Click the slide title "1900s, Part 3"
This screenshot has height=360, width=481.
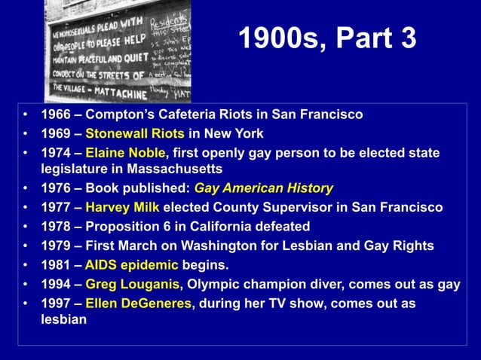(326, 40)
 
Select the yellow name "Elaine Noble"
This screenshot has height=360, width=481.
(124, 153)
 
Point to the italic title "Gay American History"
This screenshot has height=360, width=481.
(263, 188)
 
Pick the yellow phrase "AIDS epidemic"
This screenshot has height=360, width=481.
(131, 265)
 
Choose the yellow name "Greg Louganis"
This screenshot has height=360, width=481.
(132, 285)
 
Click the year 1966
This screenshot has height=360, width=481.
(56, 114)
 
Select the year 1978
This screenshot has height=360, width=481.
(56, 227)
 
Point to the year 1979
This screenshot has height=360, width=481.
(56, 246)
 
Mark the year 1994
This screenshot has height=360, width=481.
(56, 285)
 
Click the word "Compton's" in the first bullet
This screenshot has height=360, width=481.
(121, 114)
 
